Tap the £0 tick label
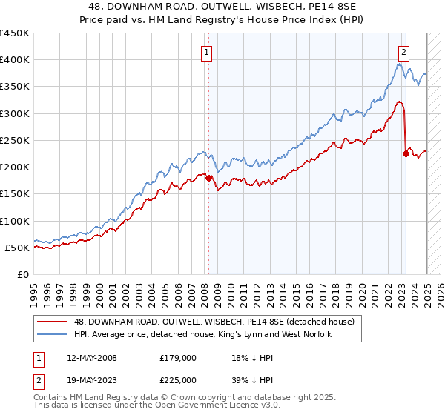pos(23,274)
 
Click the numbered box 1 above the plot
pos(205,52)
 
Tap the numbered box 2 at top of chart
pos(403,52)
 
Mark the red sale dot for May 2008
pos(208,178)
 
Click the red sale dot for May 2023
pos(406,153)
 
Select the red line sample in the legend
pos(53,322)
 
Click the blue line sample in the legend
pos(53,335)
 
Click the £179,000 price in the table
pos(177,358)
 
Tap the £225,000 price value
pos(177,380)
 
